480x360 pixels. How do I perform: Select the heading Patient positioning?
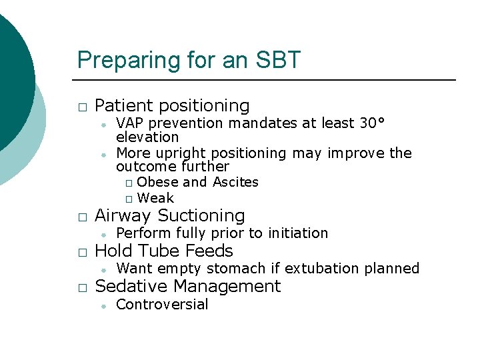pyautogui.click(x=172, y=106)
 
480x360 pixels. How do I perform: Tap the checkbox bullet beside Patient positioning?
pyautogui.click(x=81, y=107)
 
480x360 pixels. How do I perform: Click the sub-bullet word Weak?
pyautogui.click(x=155, y=198)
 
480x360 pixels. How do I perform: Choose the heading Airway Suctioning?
pyautogui.click(x=170, y=216)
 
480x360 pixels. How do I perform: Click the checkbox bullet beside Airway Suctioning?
pyautogui.click(x=81, y=217)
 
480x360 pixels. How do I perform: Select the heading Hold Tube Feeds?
pyautogui.click(x=164, y=251)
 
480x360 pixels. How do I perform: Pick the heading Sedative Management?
pyautogui.click(x=188, y=287)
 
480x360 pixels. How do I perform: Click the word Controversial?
pyautogui.click(x=162, y=305)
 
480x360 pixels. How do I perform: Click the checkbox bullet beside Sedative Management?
pyautogui.click(x=81, y=288)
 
